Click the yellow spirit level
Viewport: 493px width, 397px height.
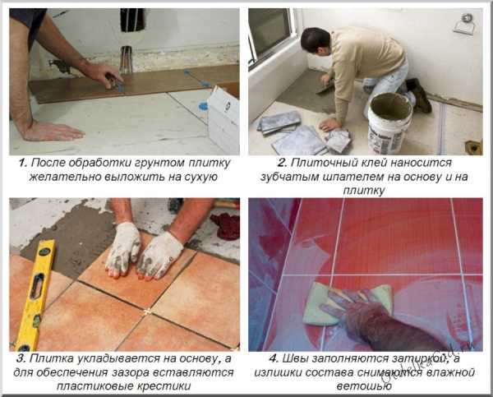(35, 294)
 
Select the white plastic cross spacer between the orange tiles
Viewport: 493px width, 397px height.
(147, 312)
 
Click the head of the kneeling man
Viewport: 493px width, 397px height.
(316, 41)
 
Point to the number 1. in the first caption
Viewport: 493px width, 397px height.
(23, 163)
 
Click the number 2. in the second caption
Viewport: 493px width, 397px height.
(283, 163)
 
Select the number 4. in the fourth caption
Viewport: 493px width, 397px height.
(274, 358)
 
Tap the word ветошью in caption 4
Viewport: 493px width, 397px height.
(364, 386)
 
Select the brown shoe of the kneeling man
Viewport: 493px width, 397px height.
(418, 95)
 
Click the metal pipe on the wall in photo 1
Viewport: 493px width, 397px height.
(126, 59)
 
